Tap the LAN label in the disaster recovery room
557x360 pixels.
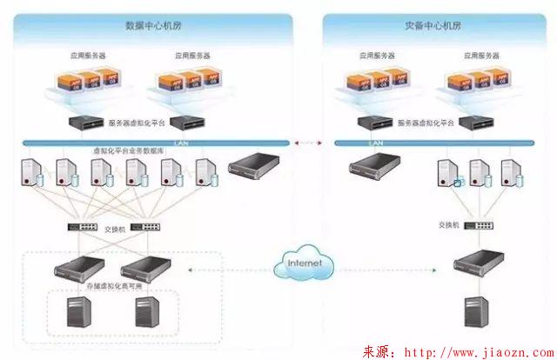pos(376,142)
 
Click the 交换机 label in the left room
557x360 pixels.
pos(116,230)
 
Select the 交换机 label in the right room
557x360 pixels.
pos(448,224)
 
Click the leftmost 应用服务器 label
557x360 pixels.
pos(88,56)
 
